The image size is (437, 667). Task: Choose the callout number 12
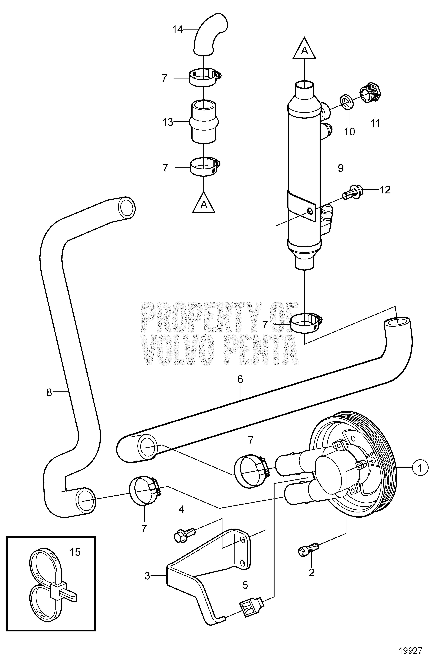(385, 190)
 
